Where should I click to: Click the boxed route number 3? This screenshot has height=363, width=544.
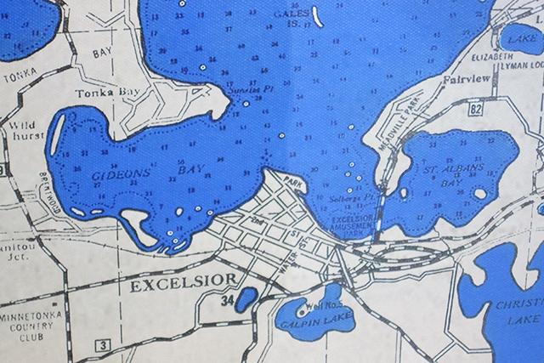click(103, 344)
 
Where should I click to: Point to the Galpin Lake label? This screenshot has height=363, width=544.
click(302, 322)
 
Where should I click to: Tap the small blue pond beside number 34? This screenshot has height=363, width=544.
click(245, 298)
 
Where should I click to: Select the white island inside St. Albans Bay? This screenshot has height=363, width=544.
click(481, 193)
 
